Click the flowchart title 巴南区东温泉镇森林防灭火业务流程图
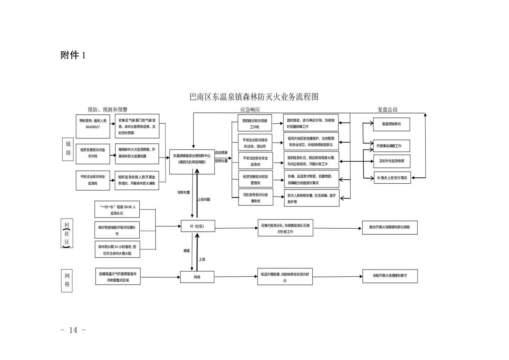point(254,97)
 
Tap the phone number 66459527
point(92,127)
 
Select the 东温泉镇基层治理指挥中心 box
point(192,159)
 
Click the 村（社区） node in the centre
point(197,226)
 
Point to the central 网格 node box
point(197,277)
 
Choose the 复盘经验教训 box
point(391,124)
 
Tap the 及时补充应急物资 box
point(392,161)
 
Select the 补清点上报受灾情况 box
point(392,178)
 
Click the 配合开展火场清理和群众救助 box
point(389,227)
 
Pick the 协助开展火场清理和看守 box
point(390,276)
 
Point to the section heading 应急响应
point(250,110)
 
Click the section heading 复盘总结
point(387,110)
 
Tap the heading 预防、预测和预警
point(107,110)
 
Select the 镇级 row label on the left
point(68,148)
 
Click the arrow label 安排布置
point(184,192)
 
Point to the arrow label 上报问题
point(204,199)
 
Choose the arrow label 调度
point(187,251)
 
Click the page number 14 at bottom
point(73,330)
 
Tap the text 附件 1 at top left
point(73,55)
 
